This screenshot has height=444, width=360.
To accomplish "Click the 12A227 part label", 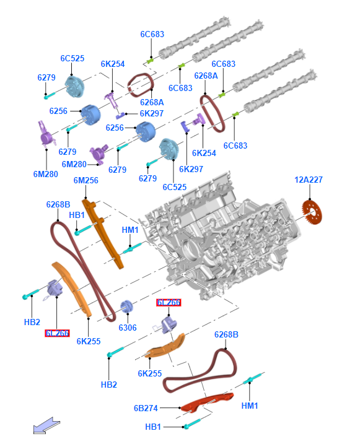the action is coord(309,180).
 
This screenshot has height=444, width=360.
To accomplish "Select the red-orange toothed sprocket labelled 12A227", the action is coord(312,212).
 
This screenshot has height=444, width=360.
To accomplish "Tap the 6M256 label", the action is coord(86,180).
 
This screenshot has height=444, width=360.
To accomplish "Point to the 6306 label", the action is coord(128,328).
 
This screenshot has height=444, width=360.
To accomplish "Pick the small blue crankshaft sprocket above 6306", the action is coord(126,307).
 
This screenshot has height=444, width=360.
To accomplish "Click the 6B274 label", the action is coord(146,408).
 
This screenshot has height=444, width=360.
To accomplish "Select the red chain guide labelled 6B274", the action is coord(207,403).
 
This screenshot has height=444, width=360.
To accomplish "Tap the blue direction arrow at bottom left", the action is coord(46,425).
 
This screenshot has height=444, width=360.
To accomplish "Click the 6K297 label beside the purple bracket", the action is coord(152,113).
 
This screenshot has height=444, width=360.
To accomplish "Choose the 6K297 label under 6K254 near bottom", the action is coord(191,169).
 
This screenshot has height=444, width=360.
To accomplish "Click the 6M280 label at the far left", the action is coord(46,174).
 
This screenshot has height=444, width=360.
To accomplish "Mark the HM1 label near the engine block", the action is coord(130,230).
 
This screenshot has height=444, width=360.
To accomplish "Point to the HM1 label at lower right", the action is coord(250,406).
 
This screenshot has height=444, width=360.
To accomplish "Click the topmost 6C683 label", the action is coord(152,34).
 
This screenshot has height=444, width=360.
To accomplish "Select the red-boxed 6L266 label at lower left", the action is coord(57,333).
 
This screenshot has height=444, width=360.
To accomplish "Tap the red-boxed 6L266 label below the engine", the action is coord(169,302).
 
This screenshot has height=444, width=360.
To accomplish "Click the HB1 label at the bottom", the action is coord(153,427).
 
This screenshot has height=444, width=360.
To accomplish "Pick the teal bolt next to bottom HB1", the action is coord(192,424).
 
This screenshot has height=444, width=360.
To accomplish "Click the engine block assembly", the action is coord(221,238).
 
